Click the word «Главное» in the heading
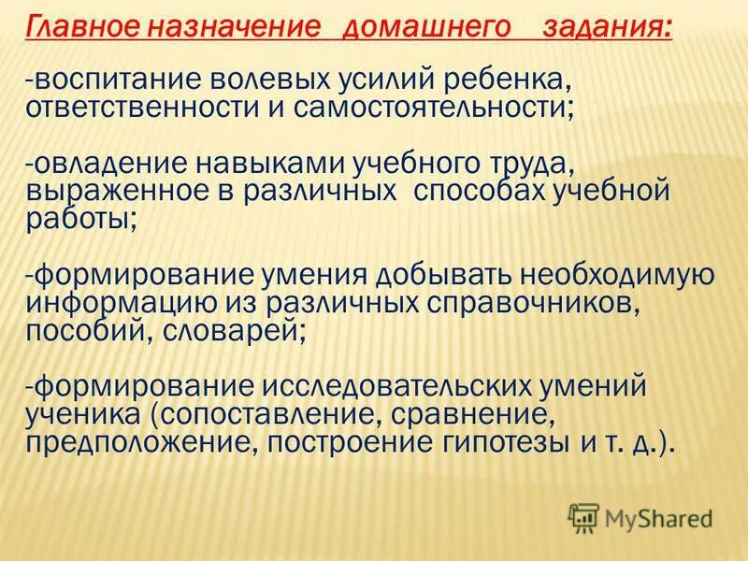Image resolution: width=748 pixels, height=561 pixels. click(74, 27)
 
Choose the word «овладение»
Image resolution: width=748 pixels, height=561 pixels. click(103, 164)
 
